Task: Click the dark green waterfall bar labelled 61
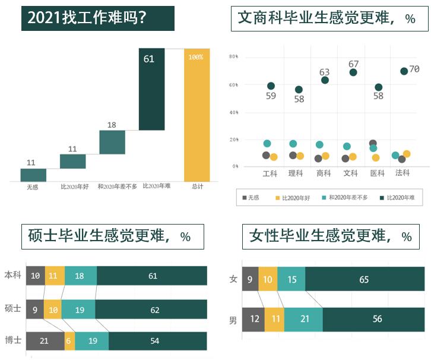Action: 151,89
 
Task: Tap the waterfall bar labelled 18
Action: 112,142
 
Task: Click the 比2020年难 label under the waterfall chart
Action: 157,186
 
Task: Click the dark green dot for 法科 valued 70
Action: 404,71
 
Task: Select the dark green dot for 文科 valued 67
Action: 353,72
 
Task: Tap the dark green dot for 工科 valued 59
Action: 271,86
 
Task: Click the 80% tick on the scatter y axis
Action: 233,56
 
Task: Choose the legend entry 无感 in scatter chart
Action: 250,197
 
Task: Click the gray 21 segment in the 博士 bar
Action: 45,341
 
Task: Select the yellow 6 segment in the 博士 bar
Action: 70,341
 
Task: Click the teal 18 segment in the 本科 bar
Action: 80,276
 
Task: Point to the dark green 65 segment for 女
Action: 363,279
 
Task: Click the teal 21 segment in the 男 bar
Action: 303,320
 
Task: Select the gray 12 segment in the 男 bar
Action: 254,320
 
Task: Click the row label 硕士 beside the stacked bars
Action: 12,309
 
